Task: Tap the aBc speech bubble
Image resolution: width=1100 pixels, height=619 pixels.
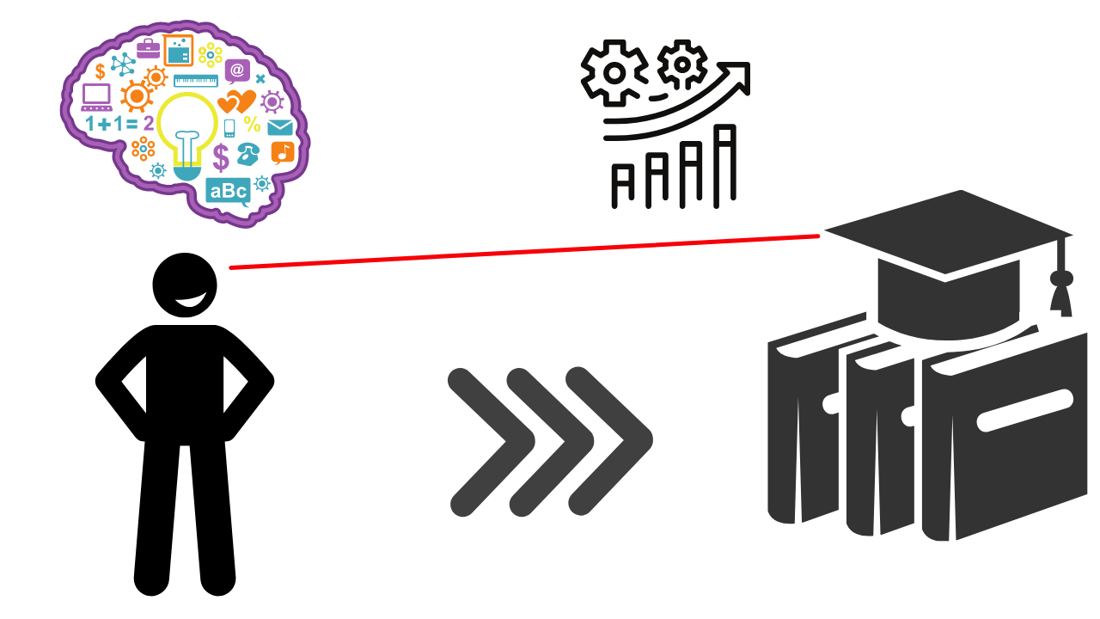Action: (228, 190)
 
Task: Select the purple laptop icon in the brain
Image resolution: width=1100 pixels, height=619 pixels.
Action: (96, 96)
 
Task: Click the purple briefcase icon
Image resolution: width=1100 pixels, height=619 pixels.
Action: (148, 49)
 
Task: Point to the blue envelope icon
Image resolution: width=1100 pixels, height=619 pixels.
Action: (280, 128)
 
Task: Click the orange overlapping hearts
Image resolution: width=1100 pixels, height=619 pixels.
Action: (237, 101)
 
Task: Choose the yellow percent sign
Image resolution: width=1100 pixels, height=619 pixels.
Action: (252, 125)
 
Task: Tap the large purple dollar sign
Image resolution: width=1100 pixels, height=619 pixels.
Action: (221, 157)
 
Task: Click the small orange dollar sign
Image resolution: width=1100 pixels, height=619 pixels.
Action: (100, 71)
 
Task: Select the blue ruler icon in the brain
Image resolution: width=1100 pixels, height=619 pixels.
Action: (196, 81)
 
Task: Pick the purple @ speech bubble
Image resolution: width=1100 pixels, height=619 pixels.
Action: (237, 70)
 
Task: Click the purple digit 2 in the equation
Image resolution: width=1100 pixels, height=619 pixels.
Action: (149, 124)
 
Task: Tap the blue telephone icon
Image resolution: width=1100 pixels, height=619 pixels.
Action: (247, 155)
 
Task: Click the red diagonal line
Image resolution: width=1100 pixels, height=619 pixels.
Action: (524, 251)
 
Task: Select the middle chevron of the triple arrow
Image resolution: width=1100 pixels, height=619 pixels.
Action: (550, 442)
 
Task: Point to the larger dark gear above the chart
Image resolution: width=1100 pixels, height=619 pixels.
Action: (614, 73)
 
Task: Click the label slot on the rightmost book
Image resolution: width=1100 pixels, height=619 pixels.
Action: (1024, 410)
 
